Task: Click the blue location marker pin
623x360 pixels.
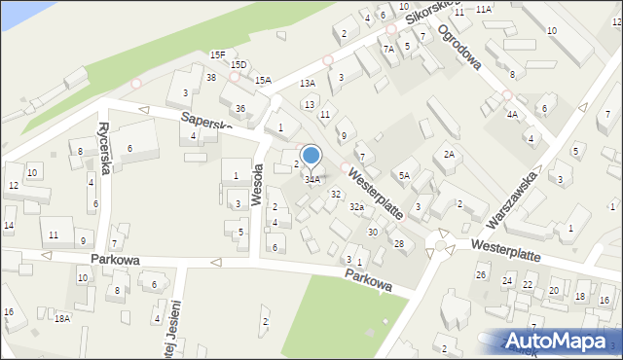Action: (x=311, y=157)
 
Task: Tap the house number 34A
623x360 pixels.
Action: (x=312, y=180)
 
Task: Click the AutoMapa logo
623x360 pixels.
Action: (x=562, y=341)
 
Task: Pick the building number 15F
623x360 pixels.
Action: (x=218, y=55)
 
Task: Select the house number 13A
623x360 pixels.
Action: (x=308, y=85)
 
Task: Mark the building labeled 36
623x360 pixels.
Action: (x=240, y=108)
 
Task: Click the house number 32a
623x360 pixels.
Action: (x=357, y=207)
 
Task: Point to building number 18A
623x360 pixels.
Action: (x=62, y=319)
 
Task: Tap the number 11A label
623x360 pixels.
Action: (x=484, y=9)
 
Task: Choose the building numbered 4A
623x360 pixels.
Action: (x=512, y=114)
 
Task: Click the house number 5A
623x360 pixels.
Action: (x=403, y=176)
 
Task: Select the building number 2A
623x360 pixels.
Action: (x=449, y=155)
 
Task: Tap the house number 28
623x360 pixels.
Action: (x=398, y=243)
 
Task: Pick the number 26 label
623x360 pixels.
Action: (x=481, y=274)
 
